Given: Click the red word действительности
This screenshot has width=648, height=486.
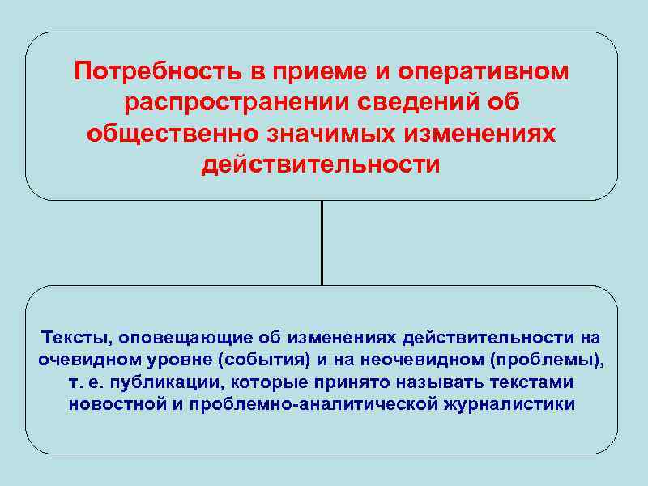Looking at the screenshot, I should pyautogui.click(x=322, y=165).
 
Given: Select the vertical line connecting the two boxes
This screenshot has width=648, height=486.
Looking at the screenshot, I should pyautogui.click(x=322, y=242).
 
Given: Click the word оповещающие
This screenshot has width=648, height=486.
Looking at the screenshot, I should pyautogui.click(x=164, y=337).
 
